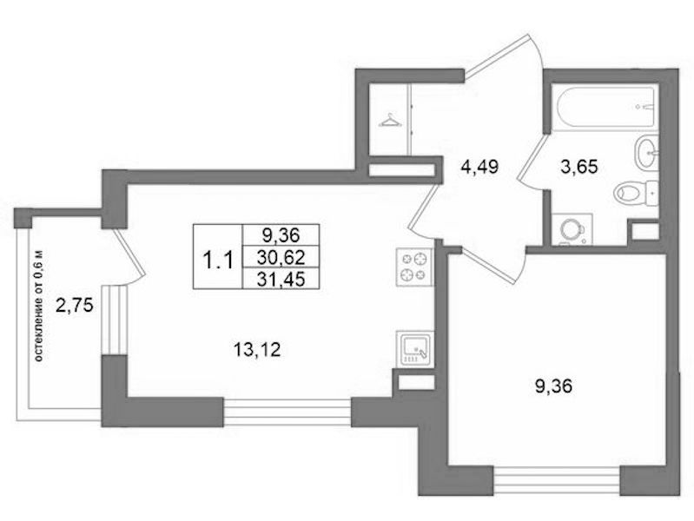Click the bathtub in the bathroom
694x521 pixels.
603,108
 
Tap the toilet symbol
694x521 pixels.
636,193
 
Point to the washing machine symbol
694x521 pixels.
572,228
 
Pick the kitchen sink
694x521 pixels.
414,349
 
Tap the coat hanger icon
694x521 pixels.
390,120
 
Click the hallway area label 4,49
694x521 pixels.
479,167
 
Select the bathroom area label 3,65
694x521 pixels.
578,167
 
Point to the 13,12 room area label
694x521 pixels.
257,351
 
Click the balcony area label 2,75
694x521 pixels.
75,306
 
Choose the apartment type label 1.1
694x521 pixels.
217,260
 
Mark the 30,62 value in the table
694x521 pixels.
281,256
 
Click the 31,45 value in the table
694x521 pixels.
281,279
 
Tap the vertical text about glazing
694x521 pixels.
39,306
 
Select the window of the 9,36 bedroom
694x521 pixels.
557,480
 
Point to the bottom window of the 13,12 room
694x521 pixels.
287,412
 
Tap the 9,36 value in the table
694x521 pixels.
281,234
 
